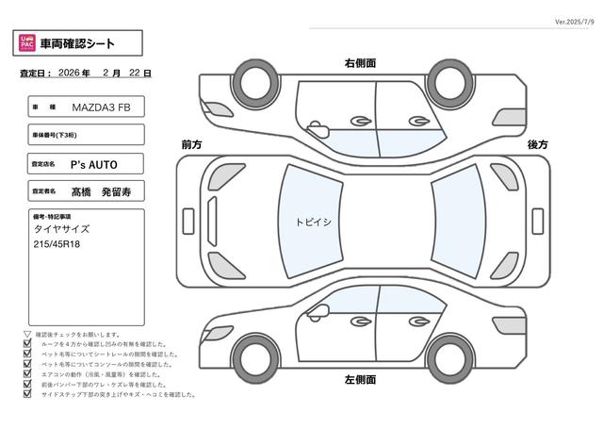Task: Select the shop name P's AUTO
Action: pos(95,164)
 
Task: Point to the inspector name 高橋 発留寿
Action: pos(104,190)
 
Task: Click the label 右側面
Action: pos(360,63)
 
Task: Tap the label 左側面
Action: pos(360,379)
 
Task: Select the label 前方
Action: pos(191,144)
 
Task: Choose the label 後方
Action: pos(538,144)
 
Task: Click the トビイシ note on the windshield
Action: pos(313,222)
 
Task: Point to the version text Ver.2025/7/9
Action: pos(564,20)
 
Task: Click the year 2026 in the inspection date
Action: pos(68,73)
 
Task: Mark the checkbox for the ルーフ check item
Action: pos(26,344)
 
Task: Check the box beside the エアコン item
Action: pos(26,375)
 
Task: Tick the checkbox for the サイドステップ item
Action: pos(26,395)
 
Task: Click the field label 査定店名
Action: pos(44,164)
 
